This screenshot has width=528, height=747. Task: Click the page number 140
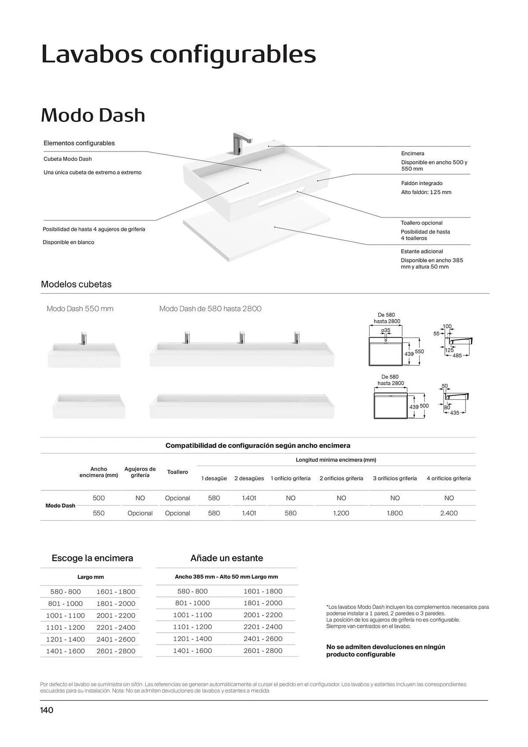click(x=47, y=710)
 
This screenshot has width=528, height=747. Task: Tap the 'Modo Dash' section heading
click(x=93, y=115)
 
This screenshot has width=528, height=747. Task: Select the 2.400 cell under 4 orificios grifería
click(x=449, y=513)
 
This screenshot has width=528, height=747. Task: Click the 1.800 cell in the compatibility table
click(x=395, y=513)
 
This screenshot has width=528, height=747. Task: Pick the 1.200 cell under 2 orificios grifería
click(x=341, y=513)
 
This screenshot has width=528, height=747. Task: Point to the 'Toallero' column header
click(x=177, y=472)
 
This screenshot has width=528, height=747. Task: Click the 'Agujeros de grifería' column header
click(x=140, y=472)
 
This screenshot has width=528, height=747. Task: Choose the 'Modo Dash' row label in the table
click(x=60, y=505)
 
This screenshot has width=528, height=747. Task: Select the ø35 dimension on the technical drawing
click(x=386, y=331)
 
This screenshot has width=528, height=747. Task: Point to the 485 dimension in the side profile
click(x=457, y=356)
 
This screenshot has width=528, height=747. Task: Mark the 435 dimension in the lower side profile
click(x=454, y=413)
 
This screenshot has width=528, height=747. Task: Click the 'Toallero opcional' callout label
click(x=422, y=223)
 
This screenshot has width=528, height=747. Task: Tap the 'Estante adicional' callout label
click(x=422, y=251)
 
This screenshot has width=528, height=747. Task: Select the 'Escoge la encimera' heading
click(x=92, y=558)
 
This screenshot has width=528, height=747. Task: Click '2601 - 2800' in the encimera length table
click(x=116, y=651)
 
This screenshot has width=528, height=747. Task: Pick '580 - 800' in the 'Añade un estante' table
click(x=192, y=591)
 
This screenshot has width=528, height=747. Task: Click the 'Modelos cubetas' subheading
click(x=76, y=284)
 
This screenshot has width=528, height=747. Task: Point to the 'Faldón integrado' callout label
click(x=422, y=183)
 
